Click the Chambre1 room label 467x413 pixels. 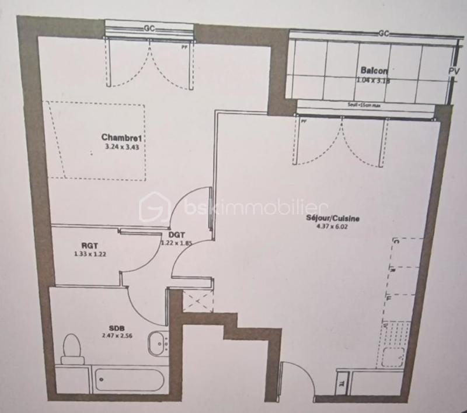pyautogui.click(x=122, y=138)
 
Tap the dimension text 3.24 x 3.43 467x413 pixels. pyautogui.click(x=122, y=147)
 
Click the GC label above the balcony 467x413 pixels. pyautogui.click(x=384, y=33)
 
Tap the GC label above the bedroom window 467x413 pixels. pyautogui.click(x=149, y=28)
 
